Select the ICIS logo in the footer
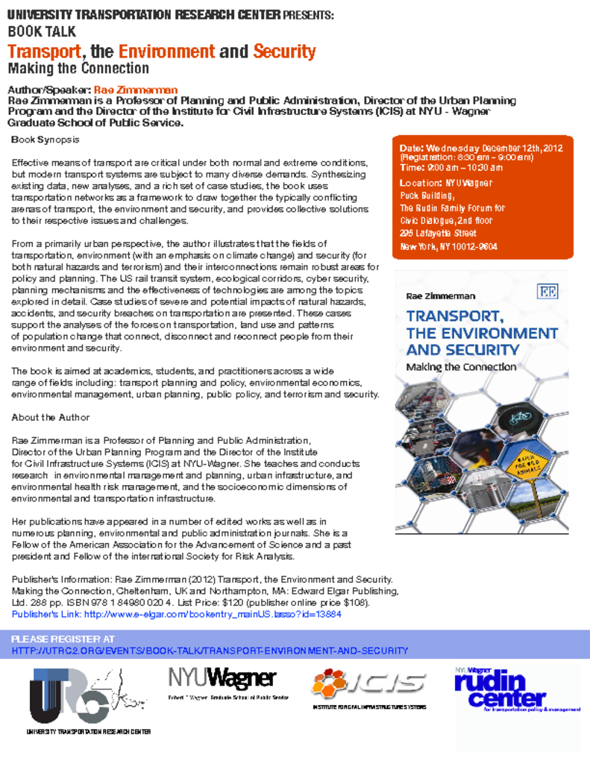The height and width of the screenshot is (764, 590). pyautogui.click(x=369, y=682)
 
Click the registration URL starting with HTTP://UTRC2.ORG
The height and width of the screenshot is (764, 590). pyautogui.click(x=210, y=651)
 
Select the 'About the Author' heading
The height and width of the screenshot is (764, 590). pyautogui.click(x=51, y=417)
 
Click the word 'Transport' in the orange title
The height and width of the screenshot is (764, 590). pyautogui.click(x=43, y=51)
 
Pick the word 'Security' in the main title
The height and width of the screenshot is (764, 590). pyautogui.click(x=284, y=51)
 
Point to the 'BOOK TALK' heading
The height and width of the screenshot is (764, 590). pyautogui.click(x=42, y=31)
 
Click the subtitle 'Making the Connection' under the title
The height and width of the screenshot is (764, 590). pyautogui.click(x=78, y=69)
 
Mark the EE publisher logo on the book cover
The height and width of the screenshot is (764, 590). pyautogui.click(x=547, y=292)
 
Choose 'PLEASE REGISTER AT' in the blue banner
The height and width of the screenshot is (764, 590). pyautogui.click(x=63, y=639)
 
